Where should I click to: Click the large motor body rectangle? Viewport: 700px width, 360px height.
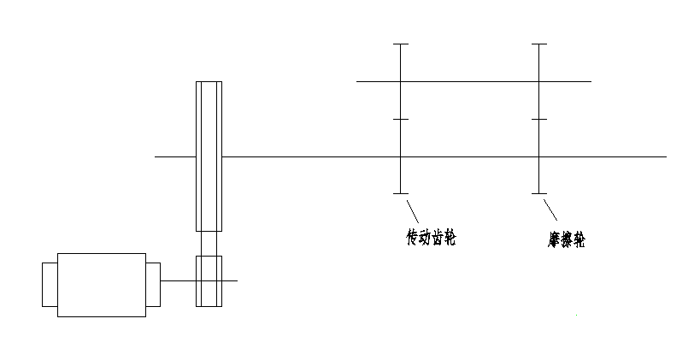tap(102, 285)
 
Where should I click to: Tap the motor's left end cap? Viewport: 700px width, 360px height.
tap(50, 284)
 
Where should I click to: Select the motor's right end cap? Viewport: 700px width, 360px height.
tap(153, 284)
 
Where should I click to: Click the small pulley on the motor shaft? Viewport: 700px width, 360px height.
tap(209, 280)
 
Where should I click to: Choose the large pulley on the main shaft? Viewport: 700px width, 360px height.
tap(209, 156)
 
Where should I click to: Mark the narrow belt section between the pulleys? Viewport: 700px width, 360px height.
tap(209, 244)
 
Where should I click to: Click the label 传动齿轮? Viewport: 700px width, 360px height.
tap(430, 237)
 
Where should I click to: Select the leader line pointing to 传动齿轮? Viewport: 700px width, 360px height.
tap(412, 210)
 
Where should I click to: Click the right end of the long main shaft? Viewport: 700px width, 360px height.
tap(662, 156)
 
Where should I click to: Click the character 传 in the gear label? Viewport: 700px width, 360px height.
tap(412, 237)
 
